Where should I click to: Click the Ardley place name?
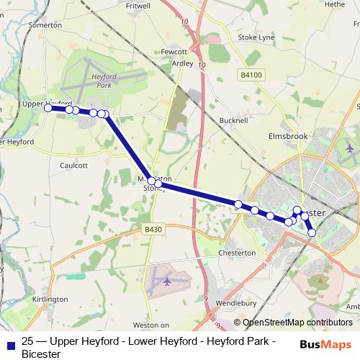tap(182, 63)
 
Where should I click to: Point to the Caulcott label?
tap(74, 165)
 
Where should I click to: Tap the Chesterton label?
tap(237, 253)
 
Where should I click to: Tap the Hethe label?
tap(335, 4)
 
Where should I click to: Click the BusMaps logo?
tap(328, 345)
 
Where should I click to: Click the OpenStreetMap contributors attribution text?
tap(293, 323)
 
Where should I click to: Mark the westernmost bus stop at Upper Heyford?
tap(48, 107)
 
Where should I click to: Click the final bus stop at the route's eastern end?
tap(312, 232)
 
